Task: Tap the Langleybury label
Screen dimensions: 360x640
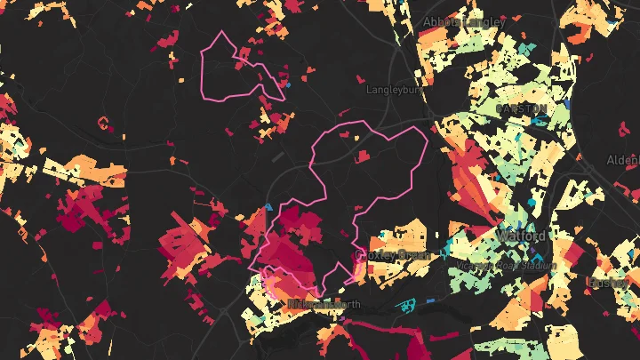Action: (393, 90)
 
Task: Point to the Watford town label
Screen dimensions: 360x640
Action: (523, 237)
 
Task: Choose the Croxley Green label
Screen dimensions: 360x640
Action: (392, 254)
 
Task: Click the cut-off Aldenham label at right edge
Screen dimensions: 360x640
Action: (623, 160)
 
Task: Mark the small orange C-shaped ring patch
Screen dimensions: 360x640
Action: (103, 122)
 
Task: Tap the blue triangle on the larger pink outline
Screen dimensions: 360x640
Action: (269, 207)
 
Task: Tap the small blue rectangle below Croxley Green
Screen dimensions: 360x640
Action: (430, 301)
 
